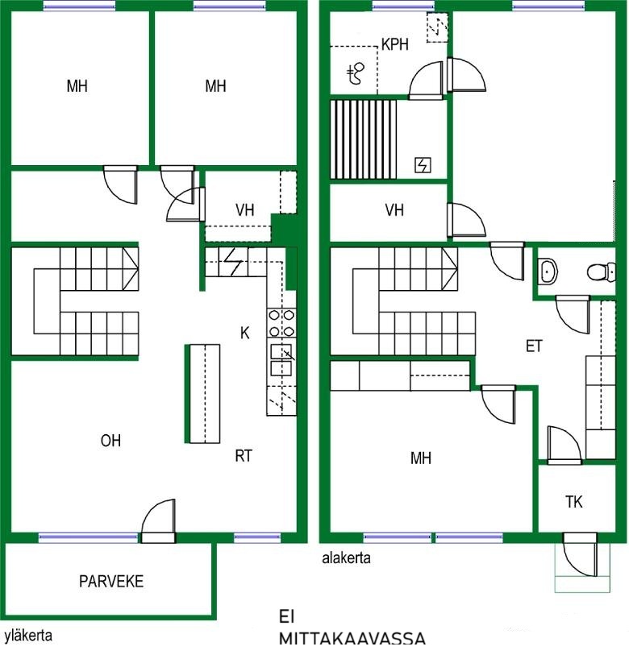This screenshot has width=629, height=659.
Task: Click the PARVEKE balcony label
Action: point(111,581)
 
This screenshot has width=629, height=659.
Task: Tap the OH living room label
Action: point(110,441)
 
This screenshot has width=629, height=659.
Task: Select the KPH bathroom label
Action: point(394,44)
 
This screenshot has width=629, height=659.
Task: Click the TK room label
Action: point(574,502)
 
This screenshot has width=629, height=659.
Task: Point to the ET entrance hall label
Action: point(534,346)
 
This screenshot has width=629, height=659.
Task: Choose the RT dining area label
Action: point(244,456)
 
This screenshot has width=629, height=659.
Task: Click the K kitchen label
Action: point(245,334)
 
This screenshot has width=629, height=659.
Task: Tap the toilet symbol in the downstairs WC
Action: point(602,271)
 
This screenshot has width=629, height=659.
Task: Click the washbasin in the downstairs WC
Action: point(548,271)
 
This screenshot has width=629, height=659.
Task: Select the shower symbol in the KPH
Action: point(356,73)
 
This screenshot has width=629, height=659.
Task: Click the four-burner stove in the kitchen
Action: point(281,323)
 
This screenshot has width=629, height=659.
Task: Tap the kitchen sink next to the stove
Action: point(281,360)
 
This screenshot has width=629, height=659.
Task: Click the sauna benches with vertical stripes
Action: point(364,139)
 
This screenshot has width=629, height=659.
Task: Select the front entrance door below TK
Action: point(580,555)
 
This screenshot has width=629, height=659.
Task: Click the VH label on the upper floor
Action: point(245,209)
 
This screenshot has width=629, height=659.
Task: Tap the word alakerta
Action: point(346,558)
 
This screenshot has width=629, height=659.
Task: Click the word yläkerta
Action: point(28,636)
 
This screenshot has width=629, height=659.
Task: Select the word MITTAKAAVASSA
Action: point(352,638)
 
